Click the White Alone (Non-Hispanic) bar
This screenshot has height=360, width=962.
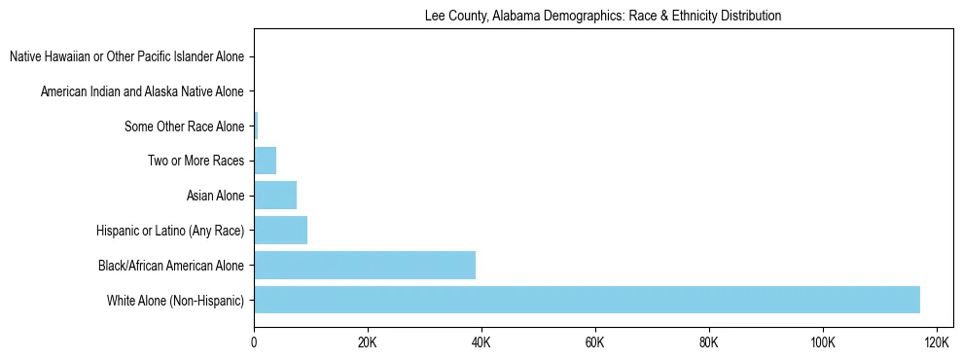pyautogui.click(x=587, y=300)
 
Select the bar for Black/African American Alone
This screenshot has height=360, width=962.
pyautogui.click(x=365, y=265)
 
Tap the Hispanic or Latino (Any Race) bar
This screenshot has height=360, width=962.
pyautogui.click(x=280, y=230)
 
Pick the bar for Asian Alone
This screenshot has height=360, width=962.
pyautogui.click(x=275, y=196)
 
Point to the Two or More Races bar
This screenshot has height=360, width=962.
pyautogui.click(x=265, y=161)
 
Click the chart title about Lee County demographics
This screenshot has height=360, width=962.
pyautogui.click(x=603, y=16)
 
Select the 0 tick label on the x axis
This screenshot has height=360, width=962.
pyautogui.click(x=254, y=342)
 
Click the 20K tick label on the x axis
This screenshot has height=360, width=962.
pyautogui.click(x=368, y=342)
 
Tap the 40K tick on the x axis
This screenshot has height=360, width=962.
pyautogui.click(x=481, y=342)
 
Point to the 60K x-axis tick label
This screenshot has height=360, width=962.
pyautogui.click(x=595, y=342)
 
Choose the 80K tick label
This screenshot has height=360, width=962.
pyautogui.click(x=709, y=342)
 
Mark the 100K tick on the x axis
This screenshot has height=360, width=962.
pyautogui.click(x=823, y=342)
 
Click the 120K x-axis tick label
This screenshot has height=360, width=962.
pyautogui.click(x=937, y=342)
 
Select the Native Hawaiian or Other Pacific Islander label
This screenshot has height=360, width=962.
pyautogui.click(x=126, y=57)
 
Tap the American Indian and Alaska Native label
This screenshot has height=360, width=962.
pyautogui.click(x=142, y=91)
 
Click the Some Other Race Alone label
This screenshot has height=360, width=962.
pyautogui.click(x=184, y=126)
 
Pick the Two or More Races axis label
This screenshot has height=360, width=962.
pyautogui.click(x=196, y=161)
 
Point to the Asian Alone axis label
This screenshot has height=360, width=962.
pyautogui.click(x=215, y=196)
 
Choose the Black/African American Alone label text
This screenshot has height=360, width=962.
pyautogui.click(x=171, y=265)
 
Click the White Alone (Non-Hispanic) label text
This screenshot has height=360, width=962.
pyautogui.click(x=175, y=300)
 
